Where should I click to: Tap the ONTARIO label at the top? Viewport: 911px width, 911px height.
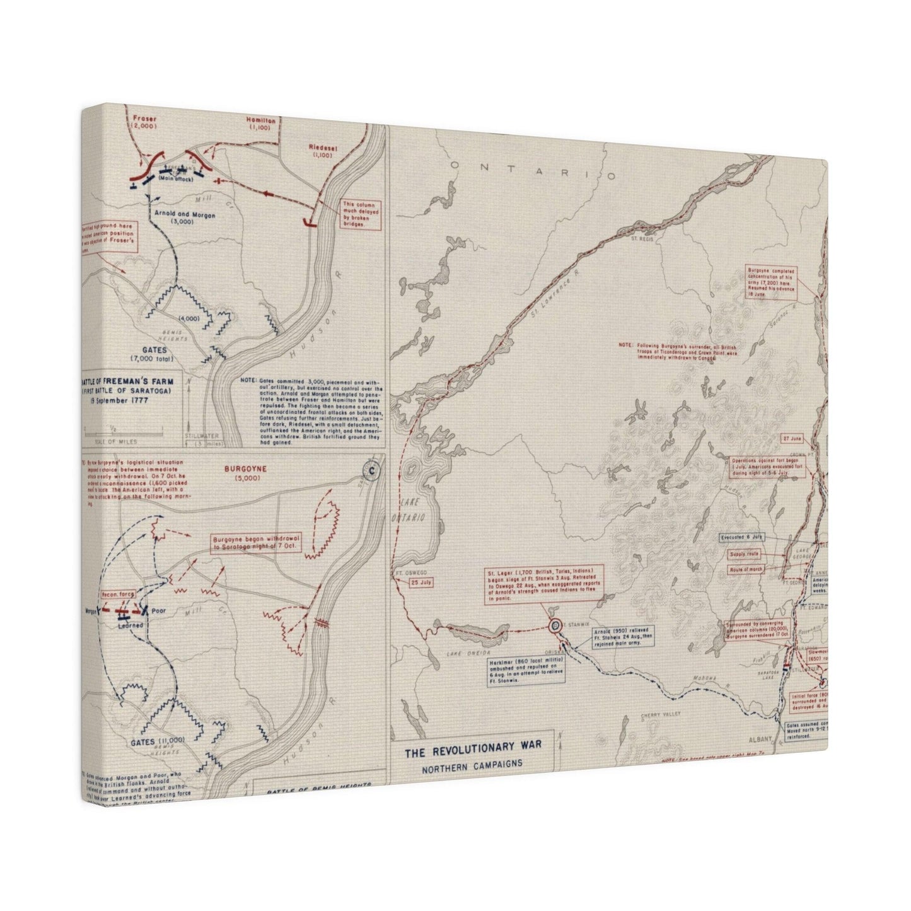[533, 171]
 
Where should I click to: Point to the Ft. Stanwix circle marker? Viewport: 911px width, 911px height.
[555, 625]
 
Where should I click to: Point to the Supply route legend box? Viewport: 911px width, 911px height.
[744, 554]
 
